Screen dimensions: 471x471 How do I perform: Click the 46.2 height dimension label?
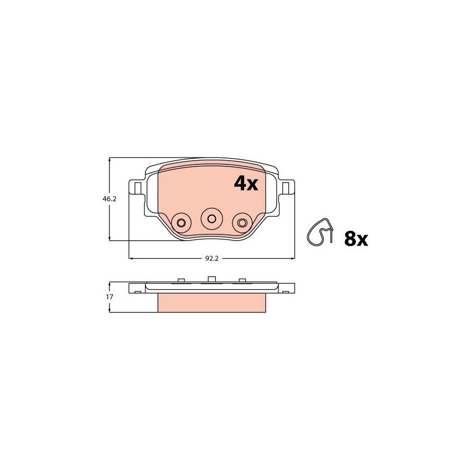tap(109, 199)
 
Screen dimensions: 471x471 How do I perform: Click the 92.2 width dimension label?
tap(212, 259)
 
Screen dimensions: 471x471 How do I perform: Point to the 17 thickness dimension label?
tap(109, 297)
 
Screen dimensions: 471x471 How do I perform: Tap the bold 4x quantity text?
tap(246, 183)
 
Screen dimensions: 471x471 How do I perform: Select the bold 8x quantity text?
tap(356, 239)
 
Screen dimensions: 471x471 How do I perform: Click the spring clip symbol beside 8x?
tap(320, 232)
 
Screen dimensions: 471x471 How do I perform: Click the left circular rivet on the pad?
tap(181, 223)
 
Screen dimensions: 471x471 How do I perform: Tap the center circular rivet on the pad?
tap(212, 218)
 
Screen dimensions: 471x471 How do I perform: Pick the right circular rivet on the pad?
tap(242, 223)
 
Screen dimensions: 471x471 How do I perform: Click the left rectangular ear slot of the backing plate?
tap(138, 188)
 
